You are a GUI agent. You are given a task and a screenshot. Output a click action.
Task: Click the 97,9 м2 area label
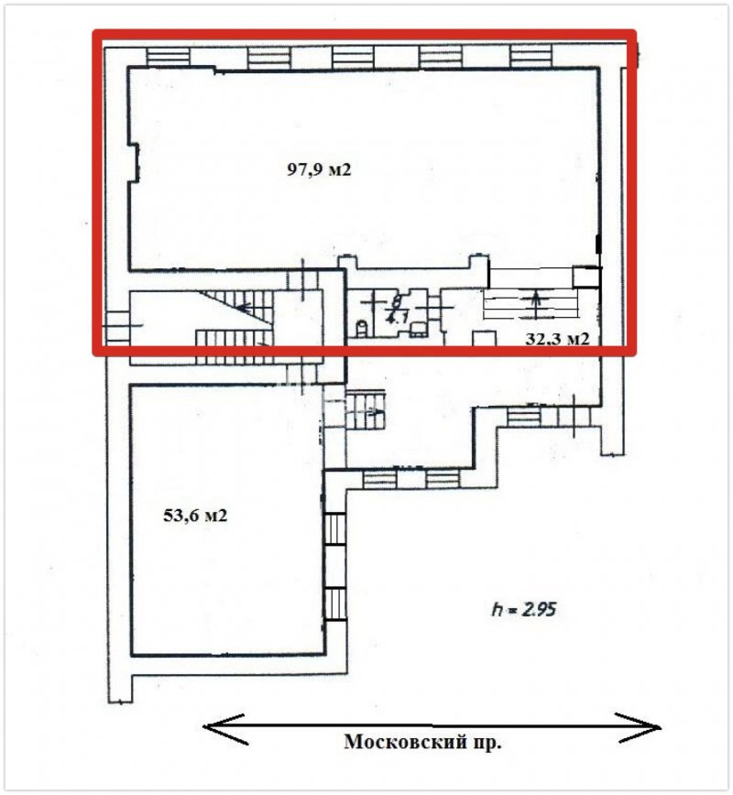coord(319,169)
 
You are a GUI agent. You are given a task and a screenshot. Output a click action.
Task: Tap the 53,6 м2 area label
coord(195,516)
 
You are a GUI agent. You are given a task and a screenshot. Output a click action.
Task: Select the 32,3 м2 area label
coord(557,338)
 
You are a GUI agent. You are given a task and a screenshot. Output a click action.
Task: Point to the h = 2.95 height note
coord(524,609)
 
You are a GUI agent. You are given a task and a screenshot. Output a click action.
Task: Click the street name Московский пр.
coord(422,742)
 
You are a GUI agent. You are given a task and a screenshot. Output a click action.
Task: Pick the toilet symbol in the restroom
coord(362,329)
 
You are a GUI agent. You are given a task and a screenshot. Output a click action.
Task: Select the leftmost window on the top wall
coord(168,56)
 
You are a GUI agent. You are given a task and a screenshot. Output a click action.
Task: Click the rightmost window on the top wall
coord(531,55)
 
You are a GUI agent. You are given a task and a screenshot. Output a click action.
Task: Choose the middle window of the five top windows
coord(353,56)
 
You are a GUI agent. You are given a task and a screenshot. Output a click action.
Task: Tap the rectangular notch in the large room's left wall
coord(134,162)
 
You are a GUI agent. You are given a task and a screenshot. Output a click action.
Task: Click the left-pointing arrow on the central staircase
coord(245,307)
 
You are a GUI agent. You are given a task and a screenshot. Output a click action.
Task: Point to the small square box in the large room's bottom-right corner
coord(585,277)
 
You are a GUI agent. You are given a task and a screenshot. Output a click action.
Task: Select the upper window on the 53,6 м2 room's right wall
coord(334,528)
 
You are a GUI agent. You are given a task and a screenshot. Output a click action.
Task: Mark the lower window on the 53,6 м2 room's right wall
coord(334,603)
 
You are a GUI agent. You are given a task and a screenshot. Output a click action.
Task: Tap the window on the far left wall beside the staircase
coord(116,327)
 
